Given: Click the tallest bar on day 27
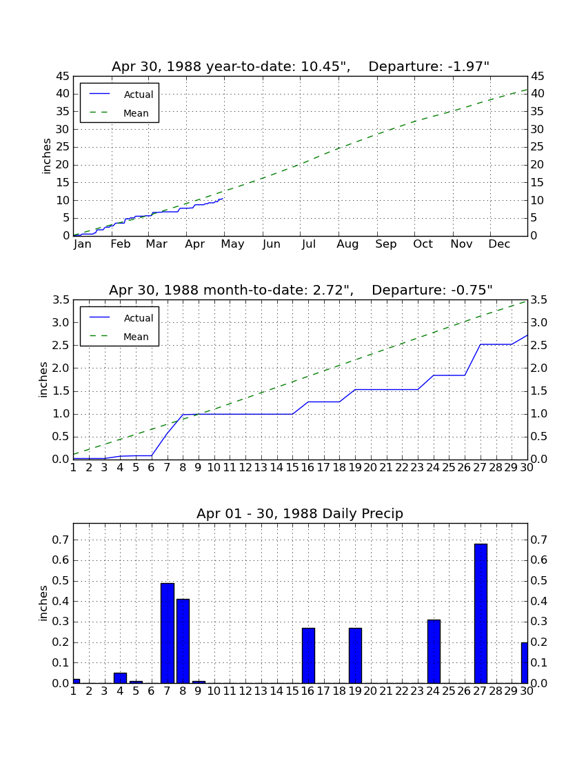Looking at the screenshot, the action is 481,613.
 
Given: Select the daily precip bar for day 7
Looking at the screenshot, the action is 168,633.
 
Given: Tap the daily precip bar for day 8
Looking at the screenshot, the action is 183,641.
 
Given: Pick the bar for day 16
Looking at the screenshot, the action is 308,655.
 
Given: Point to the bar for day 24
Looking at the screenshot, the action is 434,651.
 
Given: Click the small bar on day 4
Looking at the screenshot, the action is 120,678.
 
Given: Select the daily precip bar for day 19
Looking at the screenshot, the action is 355,655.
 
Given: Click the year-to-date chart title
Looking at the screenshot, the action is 301,66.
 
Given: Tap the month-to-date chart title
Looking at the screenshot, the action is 301,290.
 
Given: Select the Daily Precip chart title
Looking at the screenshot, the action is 300,513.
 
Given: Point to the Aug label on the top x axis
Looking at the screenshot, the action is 347,244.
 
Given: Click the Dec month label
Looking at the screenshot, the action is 499,244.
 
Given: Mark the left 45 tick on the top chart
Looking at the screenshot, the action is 63,77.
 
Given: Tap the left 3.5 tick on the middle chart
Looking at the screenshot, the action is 61,300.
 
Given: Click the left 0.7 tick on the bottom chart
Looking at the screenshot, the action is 61,540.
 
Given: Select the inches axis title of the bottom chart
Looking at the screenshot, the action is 43,603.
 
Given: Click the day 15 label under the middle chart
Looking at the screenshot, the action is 292,468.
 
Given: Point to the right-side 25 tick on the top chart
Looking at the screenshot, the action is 537,147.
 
